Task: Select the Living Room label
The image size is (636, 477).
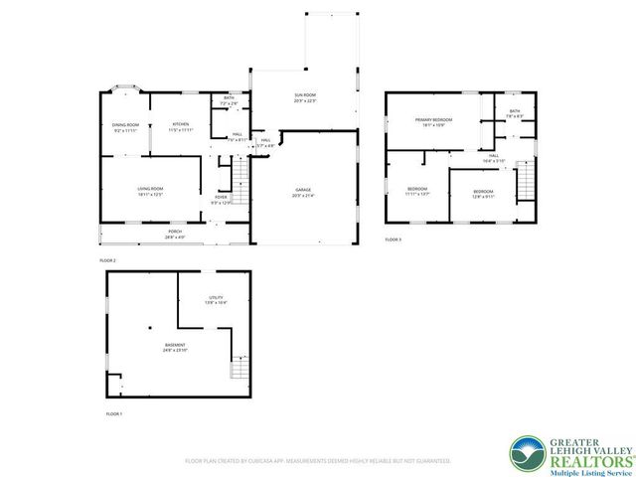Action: pyautogui.click(x=149, y=191)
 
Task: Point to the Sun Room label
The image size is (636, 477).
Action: pyautogui.click(x=304, y=97)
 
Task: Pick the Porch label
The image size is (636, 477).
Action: pyautogui.click(x=174, y=234)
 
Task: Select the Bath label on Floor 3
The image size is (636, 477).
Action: pyautogui.click(x=514, y=114)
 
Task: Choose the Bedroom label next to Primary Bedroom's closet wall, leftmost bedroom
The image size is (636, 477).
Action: pyautogui.click(x=417, y=191)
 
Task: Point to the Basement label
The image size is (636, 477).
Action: pyautogui.click(x=175, y=348)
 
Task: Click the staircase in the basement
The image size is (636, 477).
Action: pyautogui.click(x=238, y=369)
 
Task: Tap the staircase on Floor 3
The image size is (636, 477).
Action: pyautogui.click(x=525, y=183)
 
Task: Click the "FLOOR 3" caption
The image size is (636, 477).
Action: pyautogui.click(x=394, y=239)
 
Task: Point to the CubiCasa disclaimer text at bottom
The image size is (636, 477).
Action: pyautogui.click(x=318, y=461)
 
